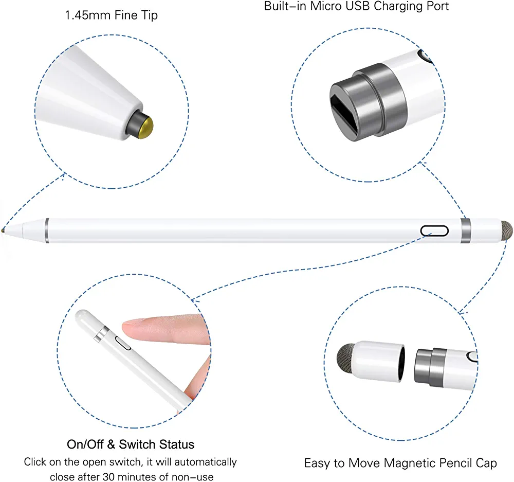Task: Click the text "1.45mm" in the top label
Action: click(x=87, y=15)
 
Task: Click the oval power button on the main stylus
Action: click(x=434, y=230)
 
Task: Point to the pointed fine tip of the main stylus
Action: click(x=3, y=229)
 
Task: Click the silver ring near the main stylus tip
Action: click(x=47, y=230)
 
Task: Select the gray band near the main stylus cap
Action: click(x=466, y=230)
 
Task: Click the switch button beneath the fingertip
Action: click(x=123, y=343)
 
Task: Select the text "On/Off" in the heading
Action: click(x=86, y=444)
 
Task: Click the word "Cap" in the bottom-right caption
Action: click(x=486, y=463)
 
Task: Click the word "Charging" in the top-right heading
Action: click(x=398, y=7)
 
